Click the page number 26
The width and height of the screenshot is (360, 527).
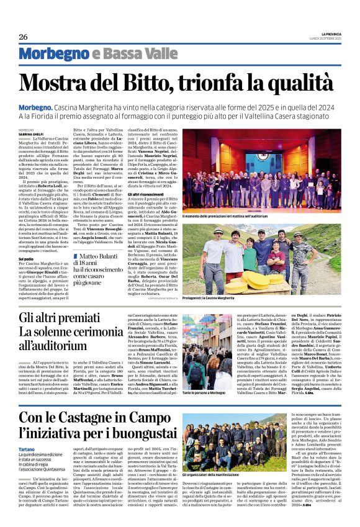[23, 37]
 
